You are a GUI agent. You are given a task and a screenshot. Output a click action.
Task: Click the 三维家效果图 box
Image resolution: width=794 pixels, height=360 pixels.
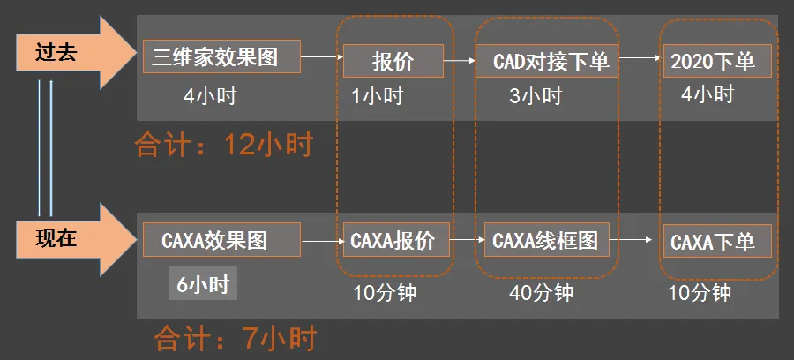221,58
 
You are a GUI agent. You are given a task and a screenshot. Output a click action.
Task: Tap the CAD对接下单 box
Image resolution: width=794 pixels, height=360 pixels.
544,62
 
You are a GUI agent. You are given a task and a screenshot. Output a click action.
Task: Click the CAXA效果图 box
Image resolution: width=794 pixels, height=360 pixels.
221,239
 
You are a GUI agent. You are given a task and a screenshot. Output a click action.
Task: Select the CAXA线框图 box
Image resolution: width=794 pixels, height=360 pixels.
544,239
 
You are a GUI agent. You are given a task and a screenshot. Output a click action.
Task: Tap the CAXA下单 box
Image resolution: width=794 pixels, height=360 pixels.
716,241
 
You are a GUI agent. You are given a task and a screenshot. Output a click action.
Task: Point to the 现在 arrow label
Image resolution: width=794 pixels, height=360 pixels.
57,238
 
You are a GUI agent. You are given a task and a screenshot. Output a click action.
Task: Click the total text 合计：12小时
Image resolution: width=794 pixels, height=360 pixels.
224,144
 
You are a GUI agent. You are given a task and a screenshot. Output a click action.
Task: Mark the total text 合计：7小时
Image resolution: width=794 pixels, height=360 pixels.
236,338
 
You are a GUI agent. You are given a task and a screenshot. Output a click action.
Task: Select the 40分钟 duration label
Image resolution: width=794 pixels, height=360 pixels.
541,292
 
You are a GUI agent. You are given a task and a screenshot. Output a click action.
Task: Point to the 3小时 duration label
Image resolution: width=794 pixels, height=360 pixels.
536,96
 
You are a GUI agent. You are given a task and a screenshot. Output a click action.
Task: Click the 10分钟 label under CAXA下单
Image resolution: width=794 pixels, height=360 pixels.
700,292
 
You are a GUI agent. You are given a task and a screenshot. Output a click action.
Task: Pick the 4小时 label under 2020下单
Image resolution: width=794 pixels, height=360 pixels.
708,94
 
